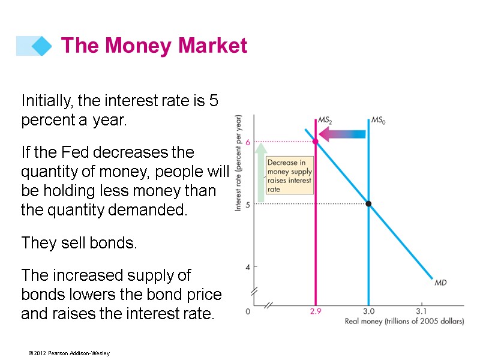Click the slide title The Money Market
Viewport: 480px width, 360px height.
(154, 46)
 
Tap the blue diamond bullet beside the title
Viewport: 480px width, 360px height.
(41, 46)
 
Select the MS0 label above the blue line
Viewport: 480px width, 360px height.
(379, 120)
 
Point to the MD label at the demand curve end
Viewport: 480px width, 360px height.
(440, 282)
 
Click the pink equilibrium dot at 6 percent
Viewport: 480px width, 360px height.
(315, 142)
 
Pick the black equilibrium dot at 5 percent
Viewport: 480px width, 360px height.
(368, 204)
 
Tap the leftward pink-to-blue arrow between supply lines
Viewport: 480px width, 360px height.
(341, 134)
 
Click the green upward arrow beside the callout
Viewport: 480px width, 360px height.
(261, 174)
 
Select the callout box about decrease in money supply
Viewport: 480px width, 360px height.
(289, 176)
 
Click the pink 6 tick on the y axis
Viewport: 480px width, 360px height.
(247, 142)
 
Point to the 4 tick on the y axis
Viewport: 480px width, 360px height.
(247, 266)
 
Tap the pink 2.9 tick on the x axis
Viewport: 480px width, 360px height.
(315, 311)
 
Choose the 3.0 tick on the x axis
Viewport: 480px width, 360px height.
(368, 311)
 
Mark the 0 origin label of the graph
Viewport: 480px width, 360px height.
(248, 311)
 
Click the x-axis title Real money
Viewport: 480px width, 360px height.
(404, 322)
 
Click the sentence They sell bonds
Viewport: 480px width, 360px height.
(79, 243)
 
